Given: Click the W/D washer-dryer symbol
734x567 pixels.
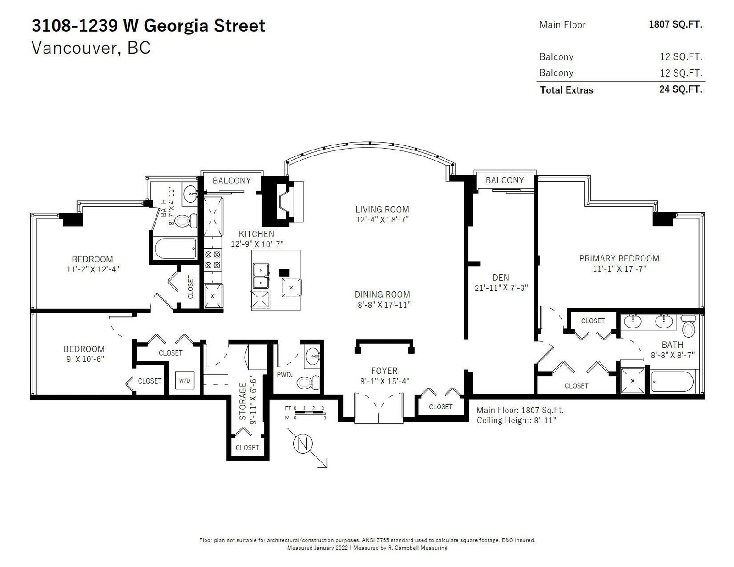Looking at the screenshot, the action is (184, 381).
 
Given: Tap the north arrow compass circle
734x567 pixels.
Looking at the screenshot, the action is (303, 444).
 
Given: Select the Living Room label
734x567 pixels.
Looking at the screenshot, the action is (382, 209).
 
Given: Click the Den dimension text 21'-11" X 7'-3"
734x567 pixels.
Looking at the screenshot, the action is (501, 288).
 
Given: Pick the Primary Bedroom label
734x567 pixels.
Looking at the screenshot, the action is (619, 258).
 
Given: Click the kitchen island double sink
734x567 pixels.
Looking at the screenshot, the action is (261, 276).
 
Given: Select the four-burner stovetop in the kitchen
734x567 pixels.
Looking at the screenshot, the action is (212, 260).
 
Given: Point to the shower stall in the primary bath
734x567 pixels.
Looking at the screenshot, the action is (632, 381).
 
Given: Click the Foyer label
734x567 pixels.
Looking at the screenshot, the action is (384, 371).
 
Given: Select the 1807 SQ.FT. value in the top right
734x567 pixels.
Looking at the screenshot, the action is (676, 24).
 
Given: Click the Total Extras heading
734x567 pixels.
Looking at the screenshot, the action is (567, 90).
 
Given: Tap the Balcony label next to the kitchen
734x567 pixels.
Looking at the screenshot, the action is (232, 181).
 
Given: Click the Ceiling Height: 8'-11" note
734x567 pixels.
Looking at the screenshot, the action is (516, 421).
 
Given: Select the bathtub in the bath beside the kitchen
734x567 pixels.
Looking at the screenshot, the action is (175, 249).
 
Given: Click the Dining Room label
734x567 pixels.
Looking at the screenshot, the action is (382, 295).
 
